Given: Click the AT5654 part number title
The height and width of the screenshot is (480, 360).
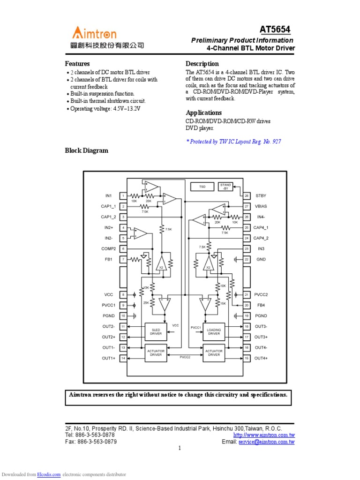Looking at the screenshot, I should pyautogui.click(x=275, y=30).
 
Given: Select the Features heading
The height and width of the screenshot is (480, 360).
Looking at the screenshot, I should pyautogui.click(x=77, y=63).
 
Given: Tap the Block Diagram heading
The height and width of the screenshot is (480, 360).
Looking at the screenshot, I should pyautogui.click(x=86, y=150).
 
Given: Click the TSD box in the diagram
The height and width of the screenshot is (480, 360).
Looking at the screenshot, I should pyautogui.click(x=202, y=187).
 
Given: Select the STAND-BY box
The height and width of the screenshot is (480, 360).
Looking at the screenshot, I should pyautogui.click(x=225, y=187).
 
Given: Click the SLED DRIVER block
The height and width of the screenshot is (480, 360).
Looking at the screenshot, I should pyautogui.click(x=156, y=331).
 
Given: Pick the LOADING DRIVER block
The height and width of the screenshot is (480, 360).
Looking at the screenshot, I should pyautogui.click(x=214, y=331).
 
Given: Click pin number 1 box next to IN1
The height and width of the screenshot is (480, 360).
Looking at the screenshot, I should pyautogui.click(x=123, y=195).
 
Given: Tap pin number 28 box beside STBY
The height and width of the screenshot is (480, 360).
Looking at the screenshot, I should pyautogui.click(x=246, y=195).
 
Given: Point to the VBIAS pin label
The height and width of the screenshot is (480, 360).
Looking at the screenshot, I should pyautogui.click(x=261, y=206).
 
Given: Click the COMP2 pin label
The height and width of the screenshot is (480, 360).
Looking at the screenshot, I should pyautogui.click(x=108, y=248).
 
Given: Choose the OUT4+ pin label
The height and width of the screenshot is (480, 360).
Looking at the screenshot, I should pyautogui.click(x=261, y=358).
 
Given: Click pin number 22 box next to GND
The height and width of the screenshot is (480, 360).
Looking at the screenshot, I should pyautogui.click(x=246, y=259).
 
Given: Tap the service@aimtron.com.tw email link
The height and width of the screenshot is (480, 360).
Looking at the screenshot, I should pyautogui.click(x=266, y=442).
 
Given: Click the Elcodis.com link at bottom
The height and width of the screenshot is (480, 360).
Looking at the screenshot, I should pyautogui.click(x=49, y=474).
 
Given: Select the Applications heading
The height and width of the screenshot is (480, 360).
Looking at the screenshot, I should pyautogui.click(x=203, y=112).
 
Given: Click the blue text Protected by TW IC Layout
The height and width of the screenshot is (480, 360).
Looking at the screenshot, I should pyautogui.click(x=233, y=141).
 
